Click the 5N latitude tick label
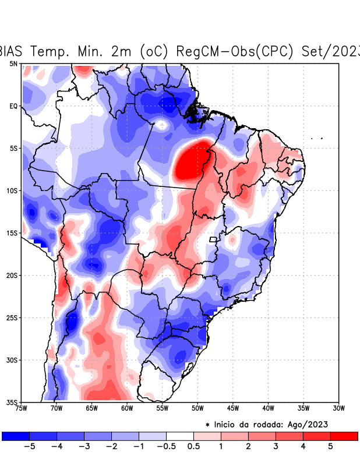(x=13, y=63)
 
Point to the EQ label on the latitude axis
(x=13, y=106)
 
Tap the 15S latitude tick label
(x=12, y=233)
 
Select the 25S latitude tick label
(x=12, y=318)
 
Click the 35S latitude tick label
(x=12, y=403)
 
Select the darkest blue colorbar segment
(x=16, y=436)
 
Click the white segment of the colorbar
(x=180, y=436)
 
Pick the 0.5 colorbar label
(x=193, y=447)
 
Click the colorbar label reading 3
(x=276, y=447)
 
